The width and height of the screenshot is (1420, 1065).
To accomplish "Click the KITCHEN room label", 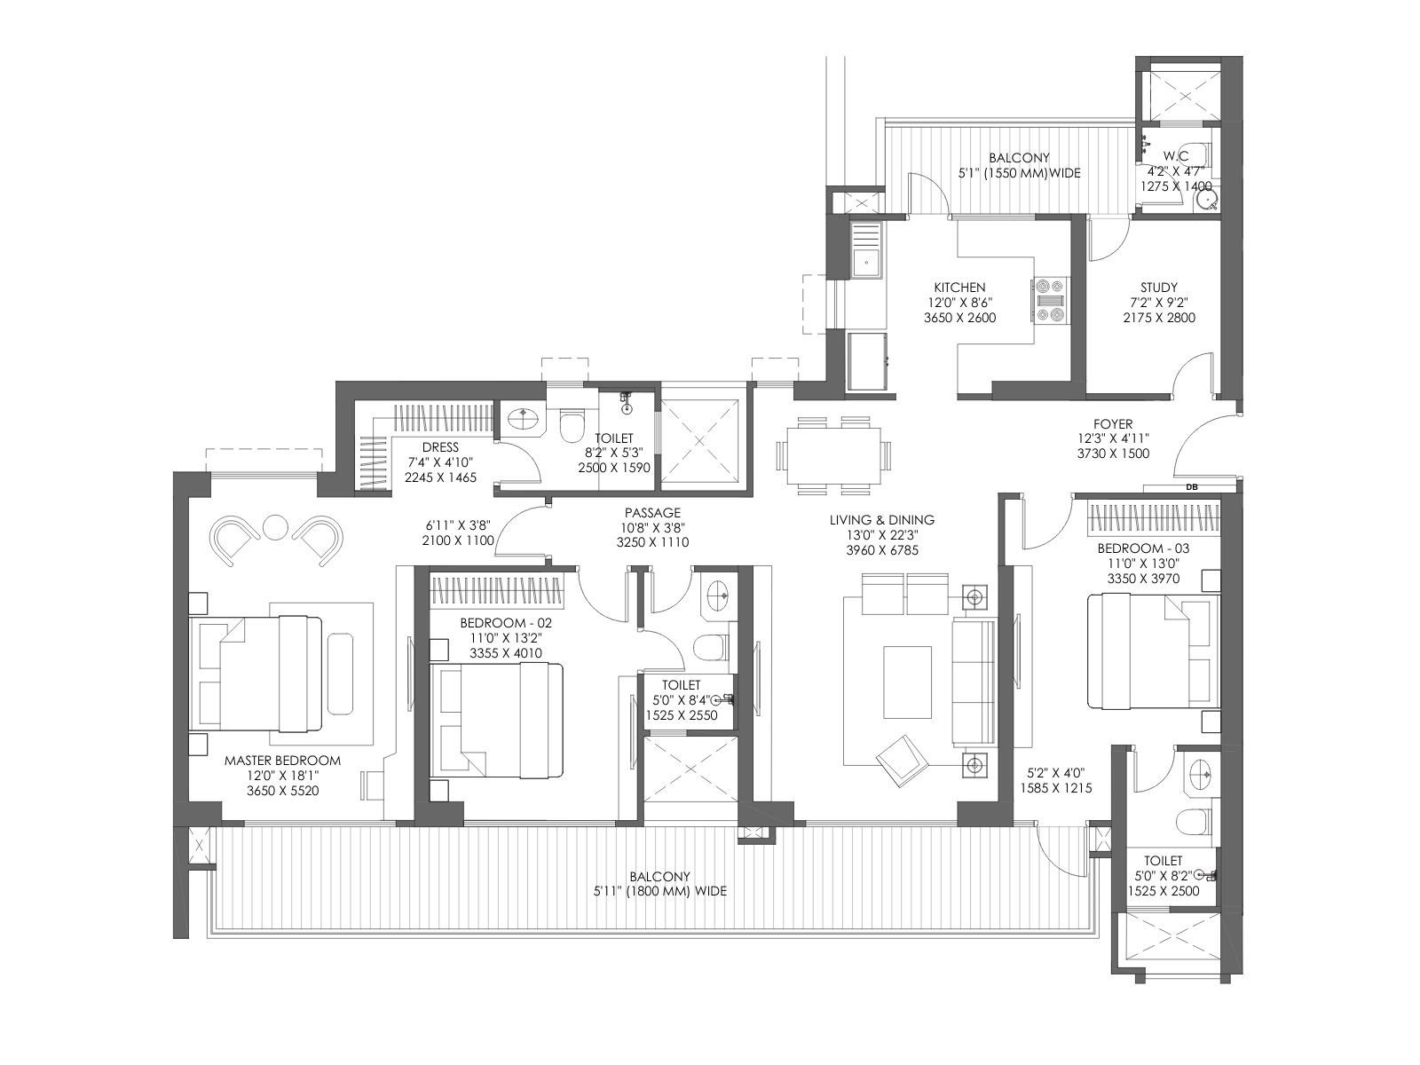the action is click(959, 287).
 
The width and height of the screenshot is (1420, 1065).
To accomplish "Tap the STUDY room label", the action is click(1159, 287).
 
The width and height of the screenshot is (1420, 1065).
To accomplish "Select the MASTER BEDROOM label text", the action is click(282, 761).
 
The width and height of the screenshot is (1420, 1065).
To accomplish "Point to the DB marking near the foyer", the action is click(1192, 487).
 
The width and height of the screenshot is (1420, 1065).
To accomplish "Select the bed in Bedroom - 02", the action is click(497, 720).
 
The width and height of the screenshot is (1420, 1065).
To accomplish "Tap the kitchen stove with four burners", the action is click(1051, 300).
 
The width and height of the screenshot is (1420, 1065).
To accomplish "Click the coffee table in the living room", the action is click(908, 682).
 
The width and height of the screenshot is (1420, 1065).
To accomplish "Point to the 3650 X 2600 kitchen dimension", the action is click(959, 318).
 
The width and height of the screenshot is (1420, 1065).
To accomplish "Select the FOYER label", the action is click(1113, 424).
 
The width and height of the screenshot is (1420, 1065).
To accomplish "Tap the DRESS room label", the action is click(440, 446).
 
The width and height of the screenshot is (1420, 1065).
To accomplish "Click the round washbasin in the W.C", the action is click(1205, 201).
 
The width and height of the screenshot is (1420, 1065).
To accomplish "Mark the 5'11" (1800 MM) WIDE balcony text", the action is click(660, 891).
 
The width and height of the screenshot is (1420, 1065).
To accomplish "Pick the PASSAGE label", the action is click(652, 513).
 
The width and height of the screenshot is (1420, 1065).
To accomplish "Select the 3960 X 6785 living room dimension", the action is click(882, 550).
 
